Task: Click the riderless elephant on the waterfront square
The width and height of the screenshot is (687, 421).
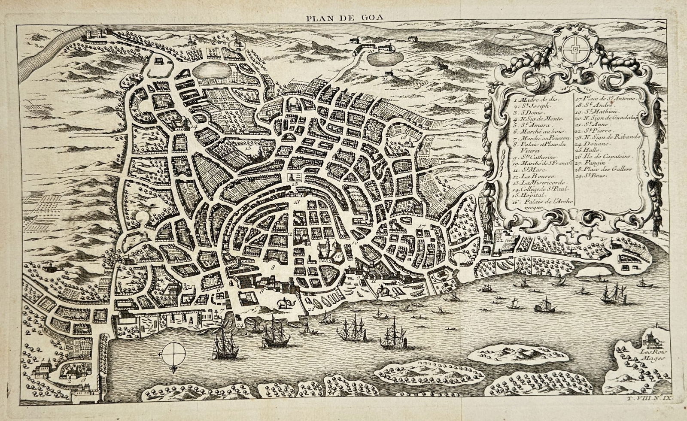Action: (x=285, y=304)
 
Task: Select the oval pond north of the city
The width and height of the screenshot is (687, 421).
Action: (x=213, y=69)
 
